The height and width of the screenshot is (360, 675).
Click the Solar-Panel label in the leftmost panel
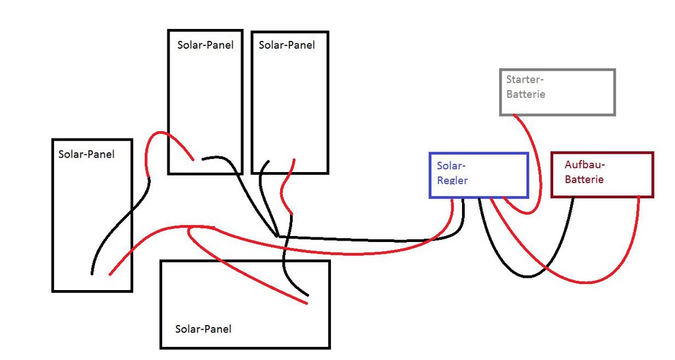tap(86, 154)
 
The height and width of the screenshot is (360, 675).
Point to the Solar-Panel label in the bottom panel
tap(203, 328)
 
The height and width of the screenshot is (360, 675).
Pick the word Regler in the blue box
tap(452, 179)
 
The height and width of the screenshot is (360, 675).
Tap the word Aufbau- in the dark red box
tap(585, 164)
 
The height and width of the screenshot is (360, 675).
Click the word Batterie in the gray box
tap(525, 94)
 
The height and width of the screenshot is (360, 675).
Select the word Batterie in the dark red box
tap(583, 179)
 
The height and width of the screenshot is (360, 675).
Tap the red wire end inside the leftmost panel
tap(110, 273)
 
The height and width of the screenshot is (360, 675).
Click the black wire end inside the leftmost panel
tap(92, 272)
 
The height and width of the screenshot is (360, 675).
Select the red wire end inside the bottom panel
tap(307, 303)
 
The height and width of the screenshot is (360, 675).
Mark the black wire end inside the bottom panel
tap(307, 295)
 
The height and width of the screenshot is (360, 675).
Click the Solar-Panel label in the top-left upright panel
tap(206, 45)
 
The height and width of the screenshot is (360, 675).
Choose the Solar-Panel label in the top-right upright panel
tap(287, 45)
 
